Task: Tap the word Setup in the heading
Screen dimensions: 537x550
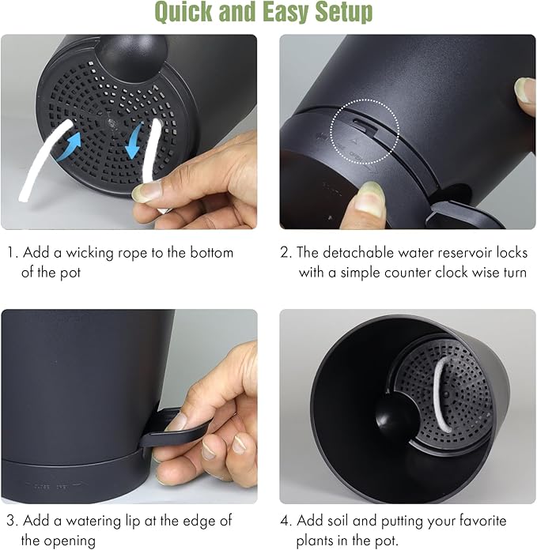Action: [x=343, y=12]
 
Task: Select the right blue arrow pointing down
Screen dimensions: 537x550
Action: [x=134, y=140]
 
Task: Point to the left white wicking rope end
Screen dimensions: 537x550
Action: [x=25, y=197]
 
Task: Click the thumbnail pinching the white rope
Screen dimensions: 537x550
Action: [x=145, y=192]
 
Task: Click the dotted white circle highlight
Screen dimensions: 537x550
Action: [x=365, y=131]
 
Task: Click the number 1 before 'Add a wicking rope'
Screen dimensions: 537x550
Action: [x=12, y=253]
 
